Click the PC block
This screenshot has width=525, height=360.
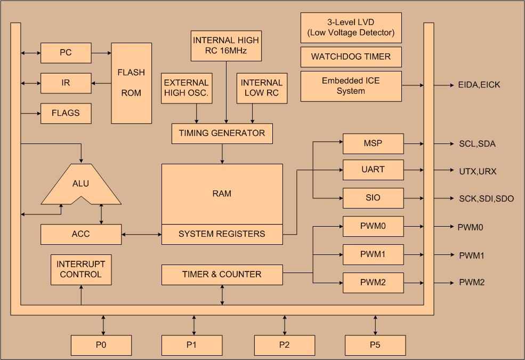[x=66, y=53]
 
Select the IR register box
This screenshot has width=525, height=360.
[x=66, y=83]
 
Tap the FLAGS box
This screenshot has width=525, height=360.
[x=66, y=113]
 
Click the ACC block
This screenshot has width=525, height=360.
[x=81, y=234]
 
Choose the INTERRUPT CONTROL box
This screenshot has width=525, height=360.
[x=81, y=269]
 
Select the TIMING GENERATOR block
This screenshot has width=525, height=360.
[x=222, y=134]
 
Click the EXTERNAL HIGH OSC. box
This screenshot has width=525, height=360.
[x=187, y=88]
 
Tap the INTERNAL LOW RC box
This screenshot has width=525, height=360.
[x=262, y=88]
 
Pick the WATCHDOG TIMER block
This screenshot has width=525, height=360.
[x=351, y=57]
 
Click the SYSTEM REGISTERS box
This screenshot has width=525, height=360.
[x=222, y=234]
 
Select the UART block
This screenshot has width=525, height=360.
[x=373, y=170]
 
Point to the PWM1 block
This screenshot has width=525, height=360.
[x=373, y=254]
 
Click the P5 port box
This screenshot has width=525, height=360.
[x=375, y=345]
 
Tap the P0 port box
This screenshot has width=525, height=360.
[x=101, y=345]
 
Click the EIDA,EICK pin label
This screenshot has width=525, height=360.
[x=479, y=85]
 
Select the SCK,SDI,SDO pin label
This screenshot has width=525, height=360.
[x=486, y=198]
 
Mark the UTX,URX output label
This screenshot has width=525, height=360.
[x=478, y=171]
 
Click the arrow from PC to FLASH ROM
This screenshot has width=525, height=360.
[x=101, y=53]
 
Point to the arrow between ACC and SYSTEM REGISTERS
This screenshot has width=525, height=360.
[x=142, y=235]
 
